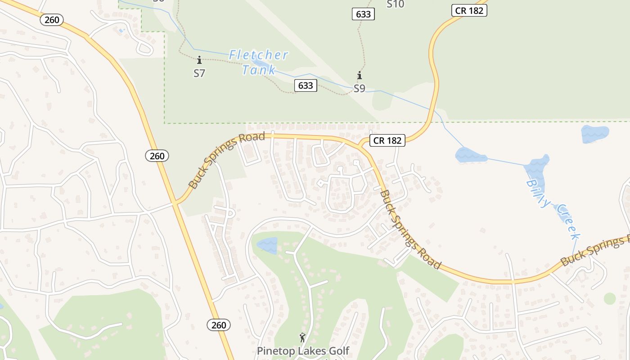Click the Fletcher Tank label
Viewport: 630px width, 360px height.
(x=258, y=62)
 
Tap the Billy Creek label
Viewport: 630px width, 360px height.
(x=553, y=209)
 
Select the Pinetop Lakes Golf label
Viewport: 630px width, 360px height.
(x=303, y=351)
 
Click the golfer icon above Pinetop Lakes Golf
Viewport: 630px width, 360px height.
(x=302, y=337)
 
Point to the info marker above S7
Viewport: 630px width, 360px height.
(x=199, y=60)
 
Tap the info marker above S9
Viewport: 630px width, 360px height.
(x=359, y=75)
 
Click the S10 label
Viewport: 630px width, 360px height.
(x=396, y=4)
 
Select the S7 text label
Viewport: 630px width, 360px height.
(x=199, y=73)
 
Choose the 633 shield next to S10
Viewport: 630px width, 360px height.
(x=363, y=14)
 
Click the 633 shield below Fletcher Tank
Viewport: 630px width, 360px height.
(x=306, y=85)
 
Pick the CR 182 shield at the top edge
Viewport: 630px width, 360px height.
(x=469, y=10)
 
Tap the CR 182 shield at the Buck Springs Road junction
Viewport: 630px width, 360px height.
(x=387, y=140)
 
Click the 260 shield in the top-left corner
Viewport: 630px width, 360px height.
(x=52, y=20)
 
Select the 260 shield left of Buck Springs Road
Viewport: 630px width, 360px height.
(x=157, y=156)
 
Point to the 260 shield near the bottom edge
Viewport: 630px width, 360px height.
(x=219, y=324)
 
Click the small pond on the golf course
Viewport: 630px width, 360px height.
(x=267, y=245)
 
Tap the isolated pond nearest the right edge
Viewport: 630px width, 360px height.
(x=594, y=134)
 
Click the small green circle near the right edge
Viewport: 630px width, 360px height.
(x=610, y=298)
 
